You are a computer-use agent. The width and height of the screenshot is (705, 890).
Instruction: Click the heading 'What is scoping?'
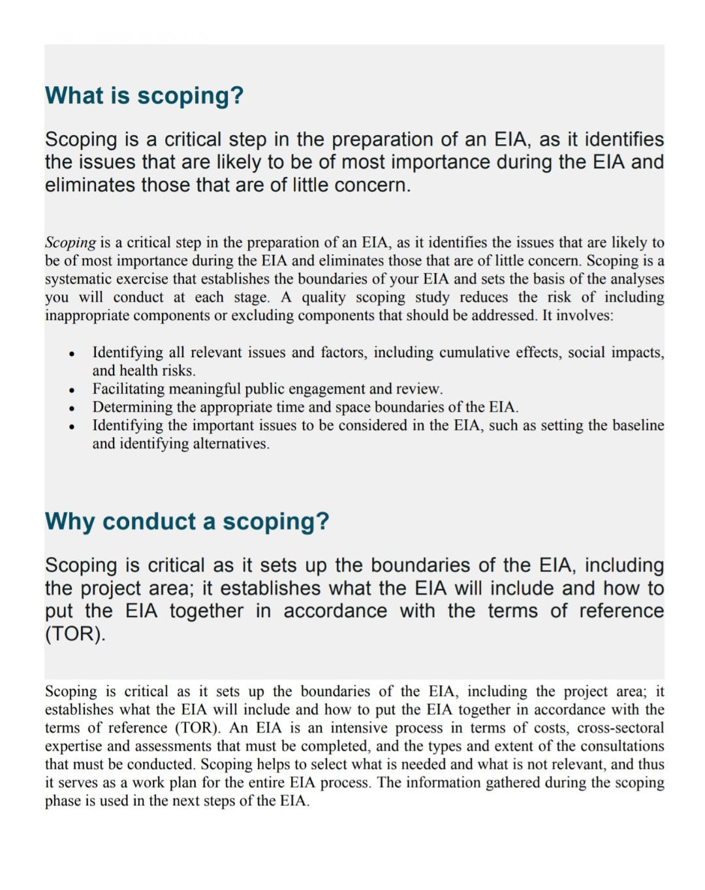(144, 95)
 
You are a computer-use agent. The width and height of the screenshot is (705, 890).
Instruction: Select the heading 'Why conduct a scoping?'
(187, 521)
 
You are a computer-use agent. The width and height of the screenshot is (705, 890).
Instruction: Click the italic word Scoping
(70, 242)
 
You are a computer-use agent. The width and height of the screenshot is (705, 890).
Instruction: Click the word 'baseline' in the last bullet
(638, 426)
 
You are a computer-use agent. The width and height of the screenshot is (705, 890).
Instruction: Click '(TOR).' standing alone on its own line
(74, 634)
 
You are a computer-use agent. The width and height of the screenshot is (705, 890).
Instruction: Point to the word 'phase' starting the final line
(61, 801)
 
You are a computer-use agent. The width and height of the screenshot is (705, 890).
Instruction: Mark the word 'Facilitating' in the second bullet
(127, 389)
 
